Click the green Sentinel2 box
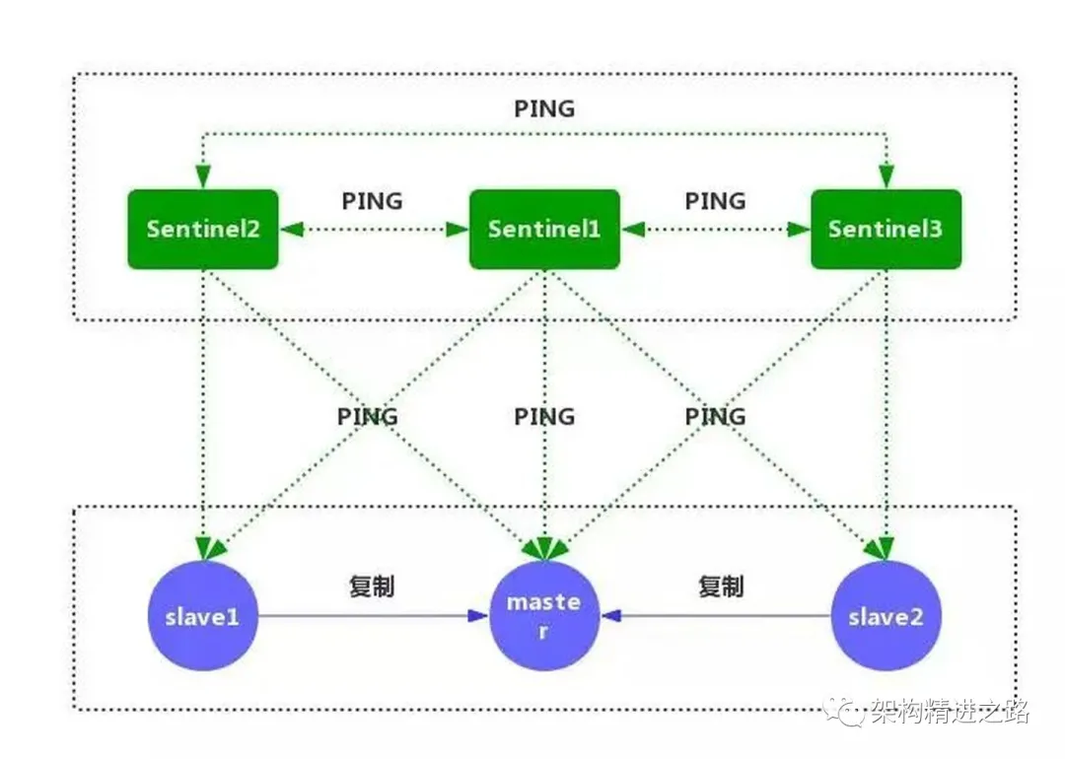click(202, 229)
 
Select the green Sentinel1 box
click(543, 229)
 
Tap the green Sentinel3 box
click(885, 229)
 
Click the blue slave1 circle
click(202, 617)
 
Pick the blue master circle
click(543, 617)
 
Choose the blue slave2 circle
click(886, 617)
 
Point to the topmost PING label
click(543, 108)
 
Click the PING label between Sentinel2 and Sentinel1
click(372, 201)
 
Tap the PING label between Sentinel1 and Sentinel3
click(715, 201)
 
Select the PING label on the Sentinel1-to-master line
click(543, 417)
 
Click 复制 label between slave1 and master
click(372, 586)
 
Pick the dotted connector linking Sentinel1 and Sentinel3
click(715, 230)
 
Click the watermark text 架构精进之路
click(950, 712)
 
